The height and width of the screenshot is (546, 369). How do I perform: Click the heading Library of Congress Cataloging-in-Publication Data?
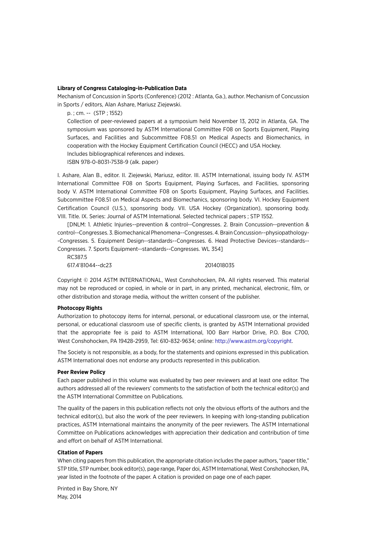[x=122, y=88]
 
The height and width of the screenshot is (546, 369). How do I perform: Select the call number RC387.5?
[x=77, y=257]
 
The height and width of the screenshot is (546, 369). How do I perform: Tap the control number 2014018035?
[x=219, y=265]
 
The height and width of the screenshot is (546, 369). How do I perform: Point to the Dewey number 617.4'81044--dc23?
[x=89, y=265]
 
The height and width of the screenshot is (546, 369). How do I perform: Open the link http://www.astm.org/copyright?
[x=253, y=341]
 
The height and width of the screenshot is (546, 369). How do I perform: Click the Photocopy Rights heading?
[x=80, y=308]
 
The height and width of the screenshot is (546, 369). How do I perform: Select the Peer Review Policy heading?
[x=81, y=372]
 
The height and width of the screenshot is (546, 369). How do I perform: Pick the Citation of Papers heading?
[x=80, y=452]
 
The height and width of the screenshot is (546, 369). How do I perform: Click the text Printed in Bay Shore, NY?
[x=87, y=489]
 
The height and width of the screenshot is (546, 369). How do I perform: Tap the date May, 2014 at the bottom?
[x=69, y=497]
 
